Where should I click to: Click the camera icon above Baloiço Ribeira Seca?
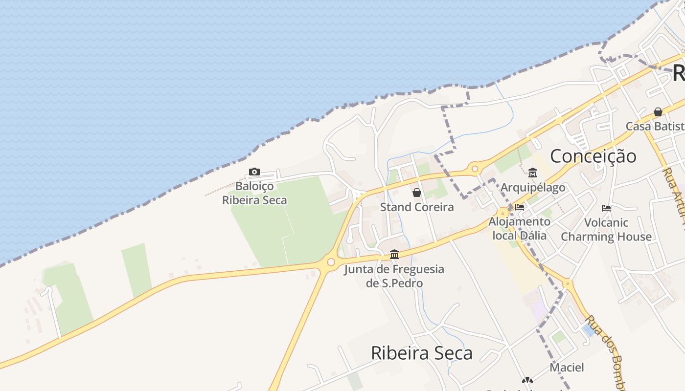pos(254,172)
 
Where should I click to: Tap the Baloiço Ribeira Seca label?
pos(254,193)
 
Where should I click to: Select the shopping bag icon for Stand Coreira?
pos(417,193)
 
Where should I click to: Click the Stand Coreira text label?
pos(417,207)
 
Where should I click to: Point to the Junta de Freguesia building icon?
pos(394,254)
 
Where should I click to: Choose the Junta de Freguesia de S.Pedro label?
pos(394,276)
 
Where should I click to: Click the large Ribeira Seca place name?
pos(422,353)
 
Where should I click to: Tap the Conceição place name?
pos(593,156)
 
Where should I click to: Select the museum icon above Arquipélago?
pos(533,173)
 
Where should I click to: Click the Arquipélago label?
pos(533,188)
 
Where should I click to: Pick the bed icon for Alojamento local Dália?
pos(520,207)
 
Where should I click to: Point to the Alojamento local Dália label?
pos(519,228)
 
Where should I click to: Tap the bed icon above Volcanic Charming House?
pos(606,208)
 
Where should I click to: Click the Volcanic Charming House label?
pos(606,230)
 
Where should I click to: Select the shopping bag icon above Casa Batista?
pos(658,112)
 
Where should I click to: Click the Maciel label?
pos(567,367)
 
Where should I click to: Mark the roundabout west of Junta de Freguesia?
pos(331,262)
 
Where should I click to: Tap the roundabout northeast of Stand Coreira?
pos(474,170)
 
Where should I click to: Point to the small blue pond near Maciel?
pos(589,330)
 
